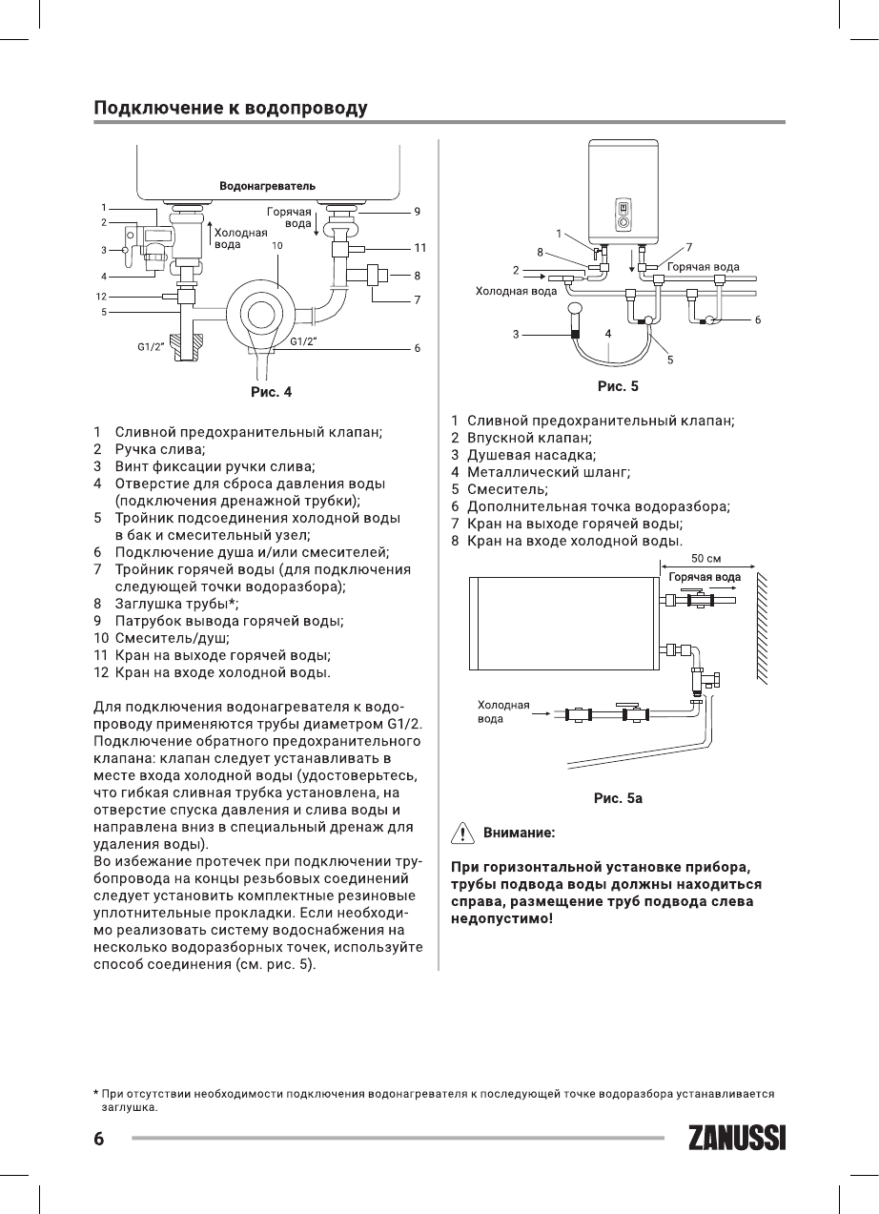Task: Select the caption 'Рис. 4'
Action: tap(271, 391)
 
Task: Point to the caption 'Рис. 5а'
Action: tap(618, 797)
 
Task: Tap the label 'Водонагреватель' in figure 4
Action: tap(267, 184)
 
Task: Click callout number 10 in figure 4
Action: tap(277, 245)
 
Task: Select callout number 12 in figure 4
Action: tap(101, 296)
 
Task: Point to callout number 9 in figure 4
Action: tap(418, 211)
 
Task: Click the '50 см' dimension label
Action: tap(705, 558)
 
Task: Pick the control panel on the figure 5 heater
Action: tap(623, 212)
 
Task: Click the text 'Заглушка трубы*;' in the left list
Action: tap(176, 603)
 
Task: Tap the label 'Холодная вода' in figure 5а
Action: tap(502, 711)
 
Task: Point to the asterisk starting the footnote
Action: tap(96, 1093)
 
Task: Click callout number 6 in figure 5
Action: tap(758, 320)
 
